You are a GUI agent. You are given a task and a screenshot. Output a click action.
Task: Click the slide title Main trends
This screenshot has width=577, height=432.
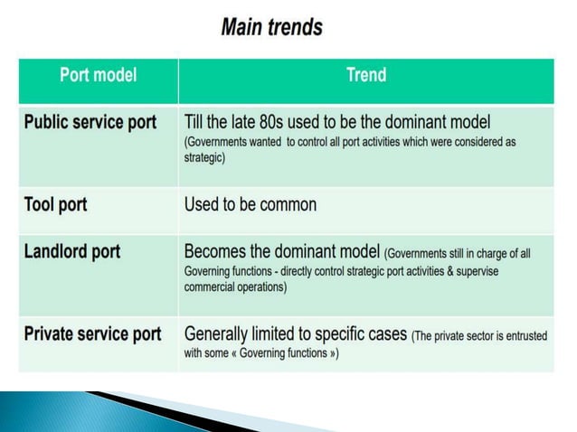click(x=271, y=28)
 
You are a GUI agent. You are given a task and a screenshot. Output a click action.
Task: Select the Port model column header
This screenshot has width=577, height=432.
click(x=98, y=76)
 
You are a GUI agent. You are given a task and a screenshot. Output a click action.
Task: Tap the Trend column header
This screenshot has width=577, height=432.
click(x=366, y=76)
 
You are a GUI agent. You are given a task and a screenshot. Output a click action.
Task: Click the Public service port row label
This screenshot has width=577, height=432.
click(x=90, y=122)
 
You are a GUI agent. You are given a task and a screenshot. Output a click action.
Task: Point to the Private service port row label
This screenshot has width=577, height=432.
click(x=92, y=334)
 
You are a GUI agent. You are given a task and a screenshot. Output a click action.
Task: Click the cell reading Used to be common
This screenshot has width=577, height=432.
click(x=251, y=204)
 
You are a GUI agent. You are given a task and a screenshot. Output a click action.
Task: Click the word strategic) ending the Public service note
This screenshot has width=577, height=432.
click(x=204, y=157)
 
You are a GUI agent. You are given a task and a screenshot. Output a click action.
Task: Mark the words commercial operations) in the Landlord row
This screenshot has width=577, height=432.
click(x=235, y=287)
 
